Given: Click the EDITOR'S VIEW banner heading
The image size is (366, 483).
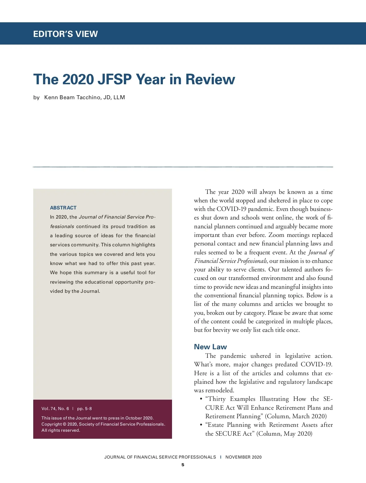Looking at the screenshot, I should [65, 34].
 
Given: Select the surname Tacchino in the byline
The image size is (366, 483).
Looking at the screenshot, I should [88, 97].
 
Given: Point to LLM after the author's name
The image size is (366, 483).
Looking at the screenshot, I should [119, 97].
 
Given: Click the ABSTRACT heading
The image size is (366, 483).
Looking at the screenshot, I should [63, 208].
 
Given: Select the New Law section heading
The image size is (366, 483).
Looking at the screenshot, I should [210, 347].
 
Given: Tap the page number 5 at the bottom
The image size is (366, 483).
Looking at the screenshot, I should [183, 465].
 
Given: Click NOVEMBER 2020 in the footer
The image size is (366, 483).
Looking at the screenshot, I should [243, 457].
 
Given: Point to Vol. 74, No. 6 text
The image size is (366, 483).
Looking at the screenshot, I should [55, 409].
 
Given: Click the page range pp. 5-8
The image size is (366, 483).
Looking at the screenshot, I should [84, 409].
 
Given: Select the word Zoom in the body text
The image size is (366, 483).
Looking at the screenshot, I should [276, 235].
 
